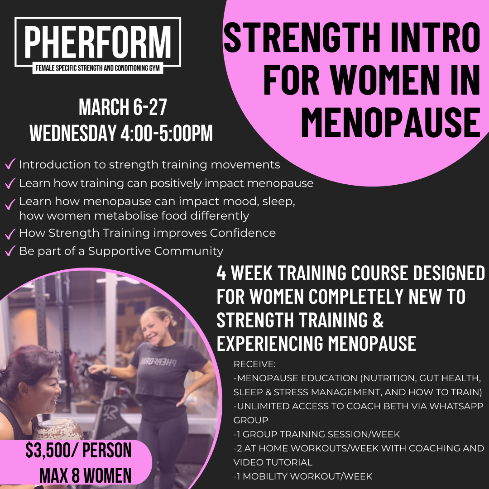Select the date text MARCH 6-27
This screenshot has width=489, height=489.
(123, 108)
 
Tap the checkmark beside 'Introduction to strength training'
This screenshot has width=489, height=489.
(10, 164)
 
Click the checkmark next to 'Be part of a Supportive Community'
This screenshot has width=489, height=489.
(10, 250)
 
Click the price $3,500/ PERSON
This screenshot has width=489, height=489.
(78, 451)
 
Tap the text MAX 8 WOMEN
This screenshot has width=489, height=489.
(86, 475)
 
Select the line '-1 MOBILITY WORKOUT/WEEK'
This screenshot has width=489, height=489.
(302, 476)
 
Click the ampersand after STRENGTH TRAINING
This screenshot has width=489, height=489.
(378, 320)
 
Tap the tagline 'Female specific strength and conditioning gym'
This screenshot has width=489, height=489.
(98, 69)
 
